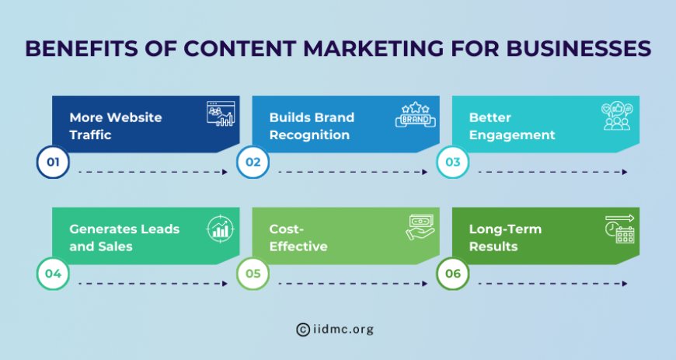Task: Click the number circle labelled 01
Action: click(x=54, y=163)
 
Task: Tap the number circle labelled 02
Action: click(x=253, y=163)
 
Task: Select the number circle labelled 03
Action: click(x=453, y=163)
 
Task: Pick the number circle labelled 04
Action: click(x=54, y=274)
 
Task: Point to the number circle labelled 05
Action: click(x=253, y=274)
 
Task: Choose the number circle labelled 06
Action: click(x=453, y=274)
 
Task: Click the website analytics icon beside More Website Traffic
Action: click(x=220, y=115)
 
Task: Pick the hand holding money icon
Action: click(x=420, y=227)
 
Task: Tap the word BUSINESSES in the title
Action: click(x=571, y=48)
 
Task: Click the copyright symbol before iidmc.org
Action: click(x=303, y=330)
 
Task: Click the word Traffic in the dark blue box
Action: click(x=91, y=135)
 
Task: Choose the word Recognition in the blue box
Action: click(x=310, y=135)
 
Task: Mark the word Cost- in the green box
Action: click(x=286, y=229)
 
